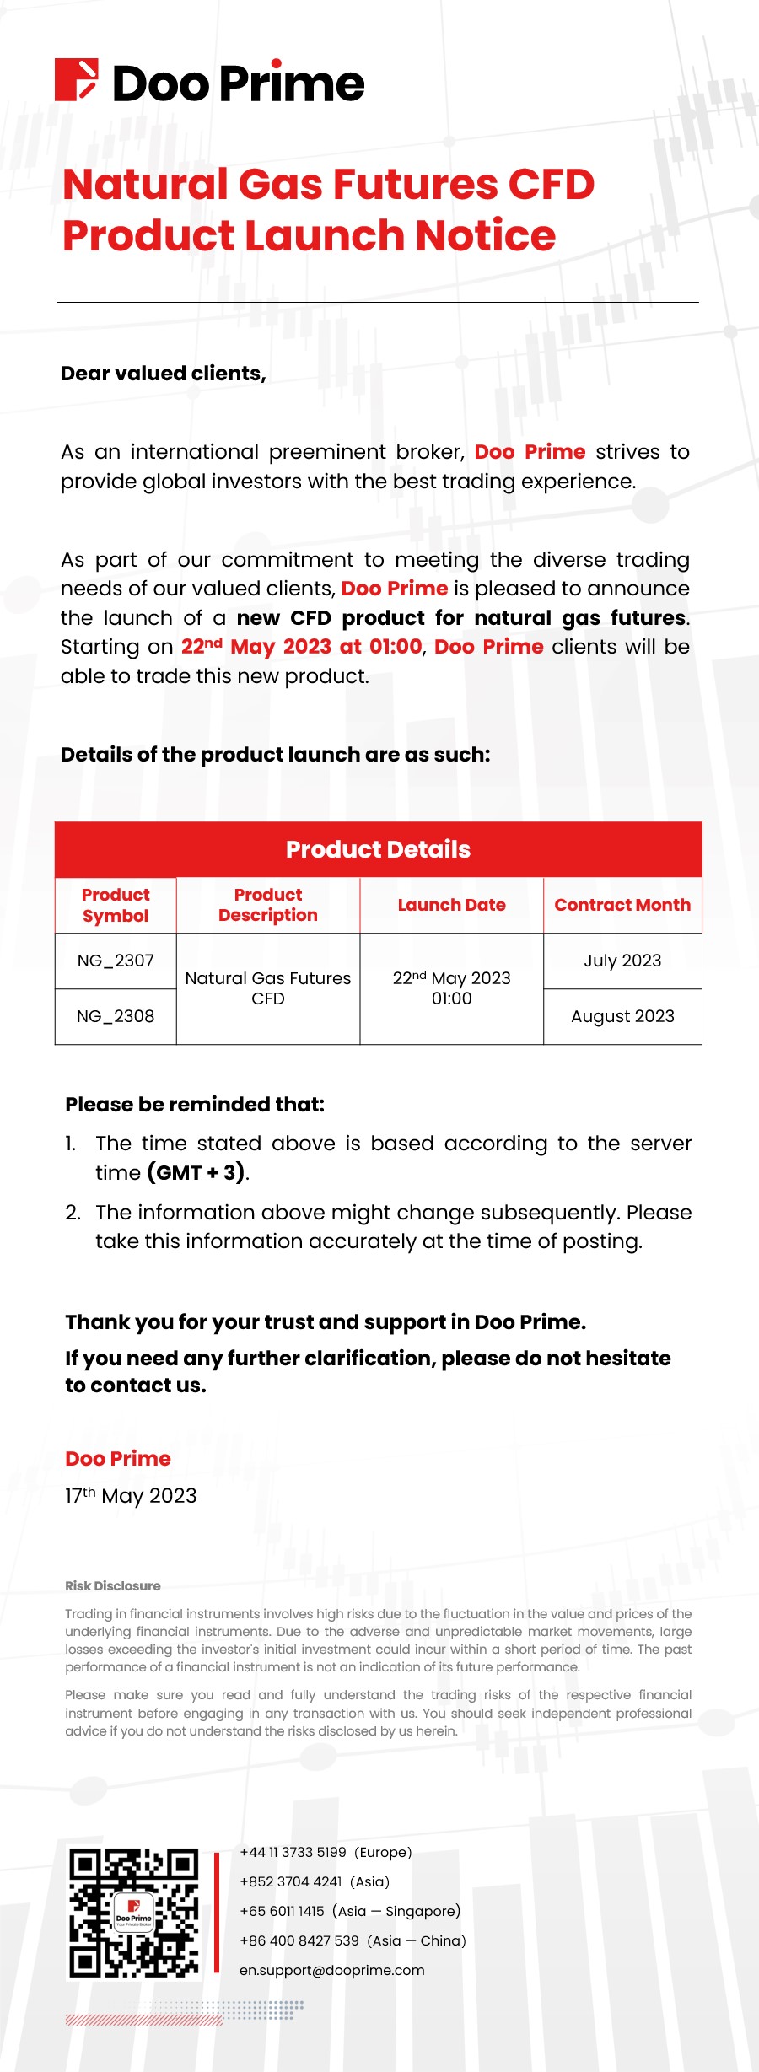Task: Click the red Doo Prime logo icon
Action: pos(76,80)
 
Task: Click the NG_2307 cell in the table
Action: pos(116,961)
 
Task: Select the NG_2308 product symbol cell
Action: pos(116,1016)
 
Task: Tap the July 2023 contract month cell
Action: pos(622,961)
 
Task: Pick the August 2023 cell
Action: pos(622,1016)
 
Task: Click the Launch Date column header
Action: pos(451,905)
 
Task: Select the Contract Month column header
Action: pos(622,905)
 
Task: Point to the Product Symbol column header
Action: pos(116,905)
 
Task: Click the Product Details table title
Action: pos(378,849)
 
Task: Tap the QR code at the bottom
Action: pos(134,1913)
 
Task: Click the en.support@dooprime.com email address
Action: pos(331,1971)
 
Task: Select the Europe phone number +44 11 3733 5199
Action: pos(293,1853)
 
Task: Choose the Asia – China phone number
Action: pos(299,1941)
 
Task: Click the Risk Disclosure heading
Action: pos(113,1586)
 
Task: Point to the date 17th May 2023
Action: pos(131,1496)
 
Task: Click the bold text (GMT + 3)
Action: pos(196,1173)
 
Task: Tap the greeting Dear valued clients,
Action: pos(164,374)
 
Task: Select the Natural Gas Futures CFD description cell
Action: pos(268,988)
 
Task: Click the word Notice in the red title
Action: pos(485,235)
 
